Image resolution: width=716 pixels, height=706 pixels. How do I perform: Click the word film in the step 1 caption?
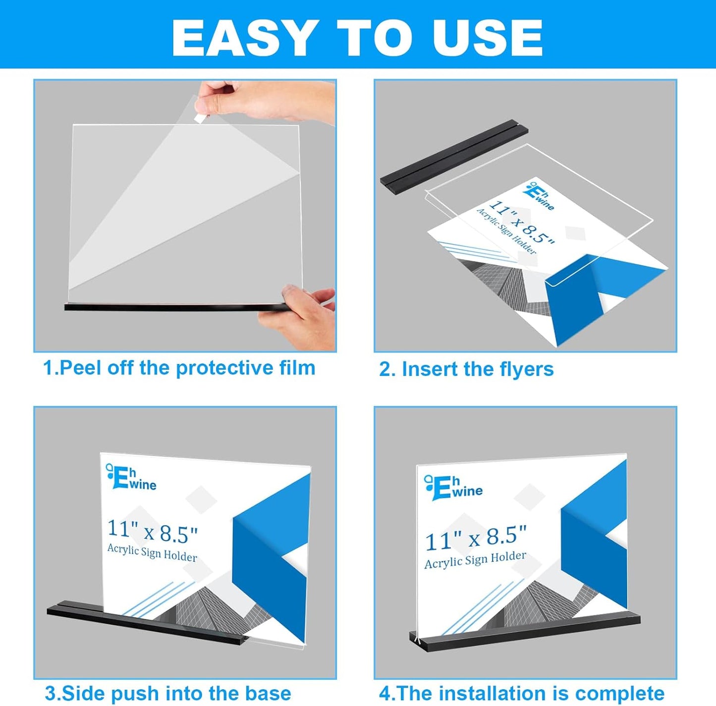point(297,368)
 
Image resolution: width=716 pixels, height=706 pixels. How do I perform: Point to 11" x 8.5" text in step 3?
point(153,532)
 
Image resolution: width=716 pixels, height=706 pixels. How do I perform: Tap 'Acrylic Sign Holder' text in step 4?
point(475,560)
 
